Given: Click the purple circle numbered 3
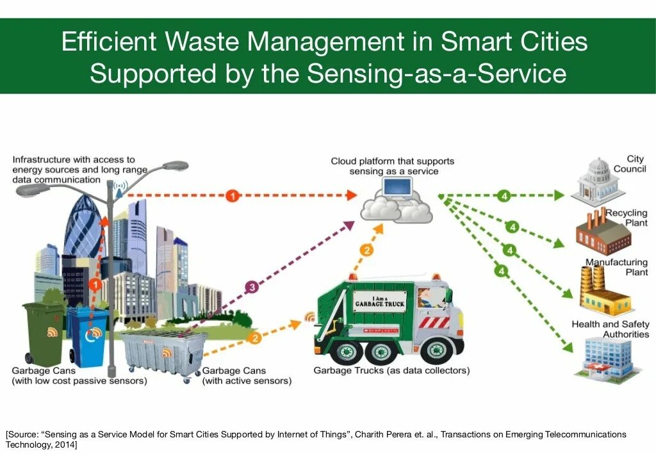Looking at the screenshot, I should pos(252,288).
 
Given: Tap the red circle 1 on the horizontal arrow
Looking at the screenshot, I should pos(233,195).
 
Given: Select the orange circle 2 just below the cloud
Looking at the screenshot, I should pos(366,250).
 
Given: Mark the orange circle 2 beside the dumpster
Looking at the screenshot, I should pos(254,337).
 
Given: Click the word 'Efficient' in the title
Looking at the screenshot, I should pos(109,42).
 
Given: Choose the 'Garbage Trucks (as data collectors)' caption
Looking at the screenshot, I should pos(391,371).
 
